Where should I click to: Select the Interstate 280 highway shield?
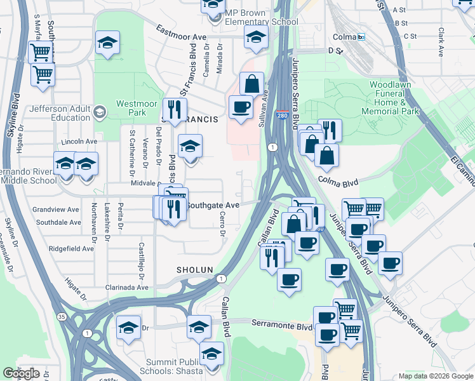[283, 116]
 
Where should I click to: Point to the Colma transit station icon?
[361, 37]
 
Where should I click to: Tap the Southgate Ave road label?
[213, 205]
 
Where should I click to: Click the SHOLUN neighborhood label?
[194, 270]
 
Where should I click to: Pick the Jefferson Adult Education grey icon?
[99, 113]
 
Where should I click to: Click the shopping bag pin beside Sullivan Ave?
[252, 84]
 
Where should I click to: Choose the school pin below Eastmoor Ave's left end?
[107, 43]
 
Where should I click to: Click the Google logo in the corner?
[21, 373]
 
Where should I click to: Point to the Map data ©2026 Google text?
[435, 376]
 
